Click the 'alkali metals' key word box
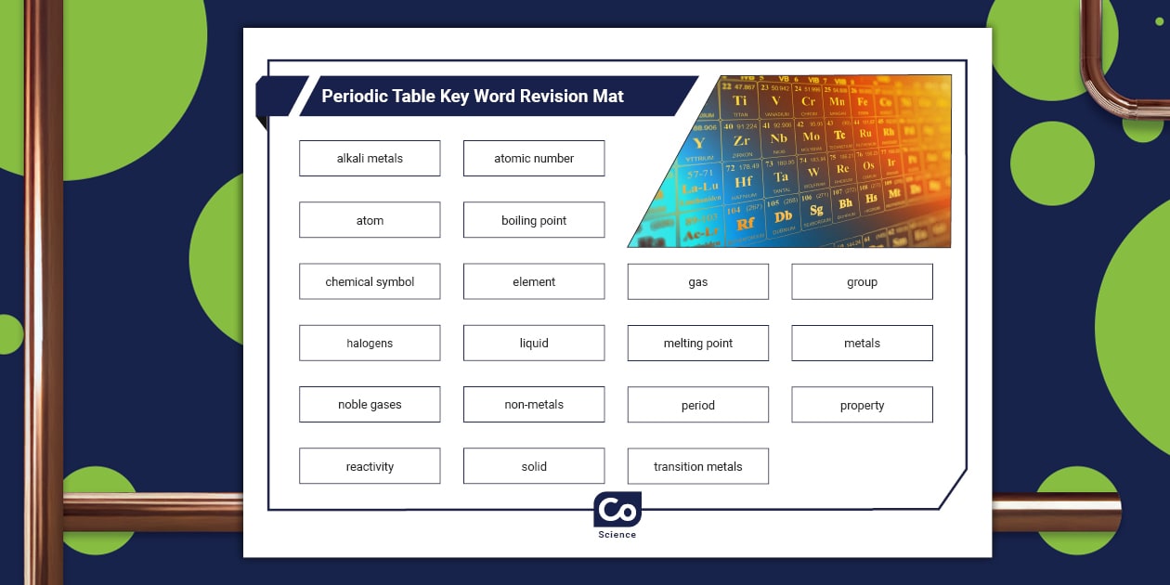pyautogui.click(x=370, y=159)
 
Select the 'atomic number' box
pyautogui.click(x=534, y=159)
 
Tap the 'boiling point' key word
pyautogui.click(x=534, y=220)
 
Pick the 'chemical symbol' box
pyautogui.click(x=370, y=281)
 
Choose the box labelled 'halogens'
pyautogui.click(x=370, y=343)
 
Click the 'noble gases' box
pyautogui.click(x=370, y=405)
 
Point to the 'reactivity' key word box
pyautogui.click(x=370, y=466)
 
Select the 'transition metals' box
pyautogui.click(x=698, y=466)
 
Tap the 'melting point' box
pyautogui.click(x=698, y=343)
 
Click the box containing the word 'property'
pyautogui.click(x=862, y=405)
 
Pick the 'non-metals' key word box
pyautogui.click(x=534, y=405)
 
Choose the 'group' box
pyautogui.click(x=862, y=281)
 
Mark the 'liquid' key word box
pyautogui.click(x=534, y=343)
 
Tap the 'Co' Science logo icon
pyautogui.click(x=617, y=510)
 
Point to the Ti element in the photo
pyautogui.click(x=740, y=101)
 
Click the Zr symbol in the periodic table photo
pyautogui.click(x=741, y=141)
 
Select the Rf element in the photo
pyautogui.click(x=745, y=225)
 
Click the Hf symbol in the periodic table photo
pyautogui.click(x=743, y=182)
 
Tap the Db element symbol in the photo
pyautogui.click(x=783, y=217)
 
